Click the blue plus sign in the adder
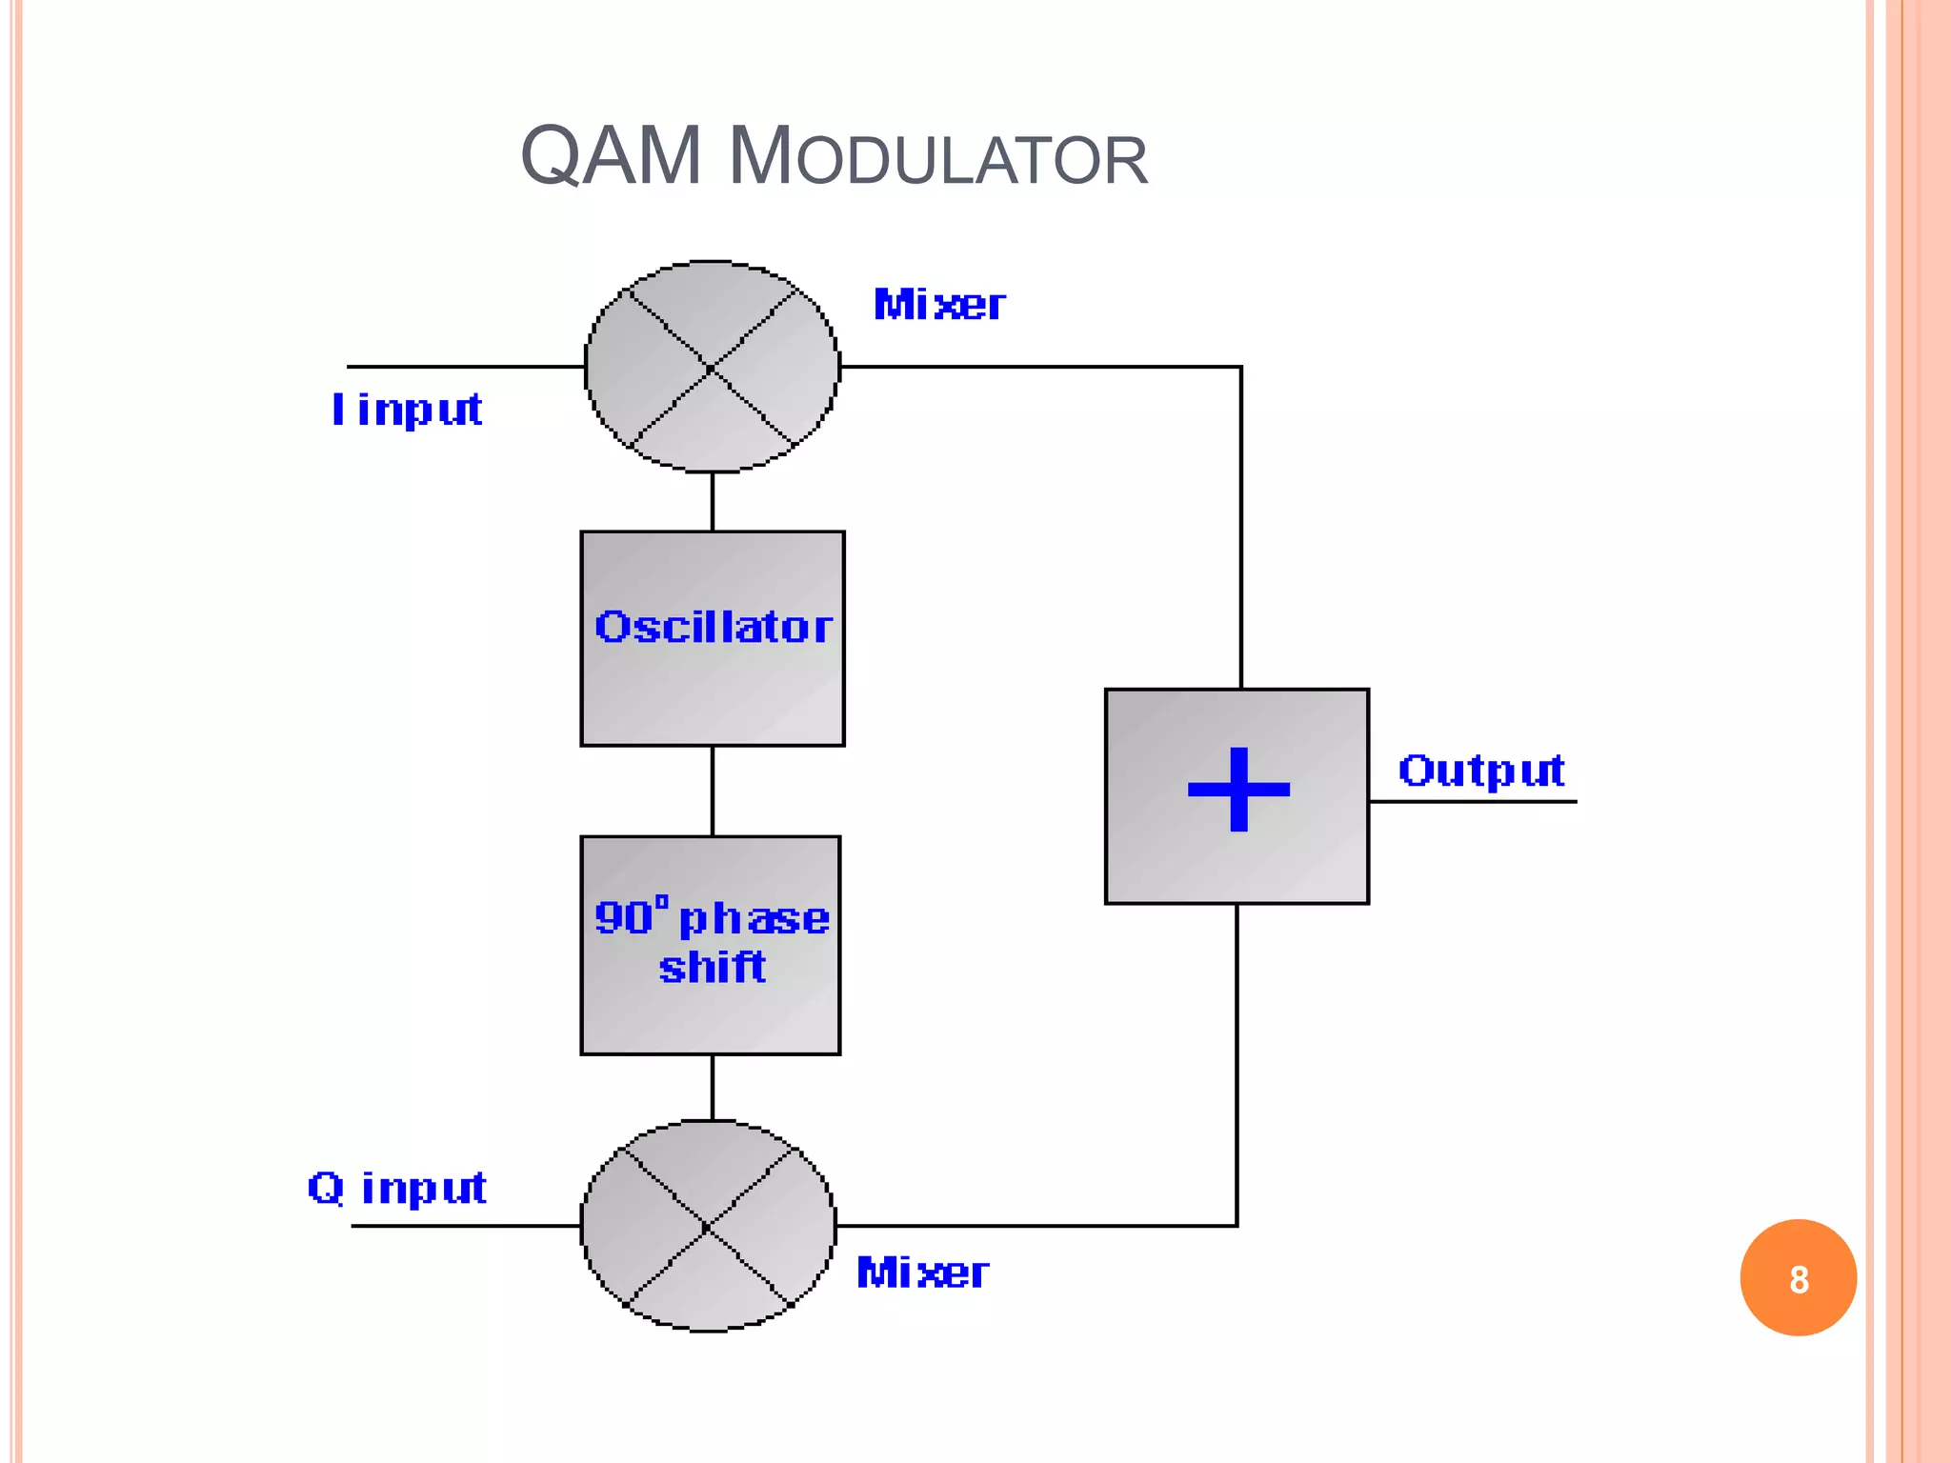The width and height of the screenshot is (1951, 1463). point(1238,789)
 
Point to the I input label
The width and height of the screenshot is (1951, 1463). point(407,410)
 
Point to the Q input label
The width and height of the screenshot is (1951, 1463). point(397,1188)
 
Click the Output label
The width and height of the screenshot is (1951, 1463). point(1481,770)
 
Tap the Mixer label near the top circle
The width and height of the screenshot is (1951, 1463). point(939,305)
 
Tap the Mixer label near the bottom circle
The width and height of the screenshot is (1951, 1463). point(922,1273)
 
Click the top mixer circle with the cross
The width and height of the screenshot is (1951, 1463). point(713,367)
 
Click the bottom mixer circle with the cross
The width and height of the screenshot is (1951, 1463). point(708,1226)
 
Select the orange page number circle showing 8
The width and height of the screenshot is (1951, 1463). point(1798,1278)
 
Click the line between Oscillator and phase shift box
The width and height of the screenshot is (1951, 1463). point(713,791)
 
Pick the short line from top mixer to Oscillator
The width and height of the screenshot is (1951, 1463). point(713,502)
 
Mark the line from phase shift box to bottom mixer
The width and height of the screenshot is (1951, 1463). point(713,1087)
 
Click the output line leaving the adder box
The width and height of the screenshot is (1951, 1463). point(1472,801)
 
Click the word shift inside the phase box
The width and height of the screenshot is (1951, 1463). point(713,968)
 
